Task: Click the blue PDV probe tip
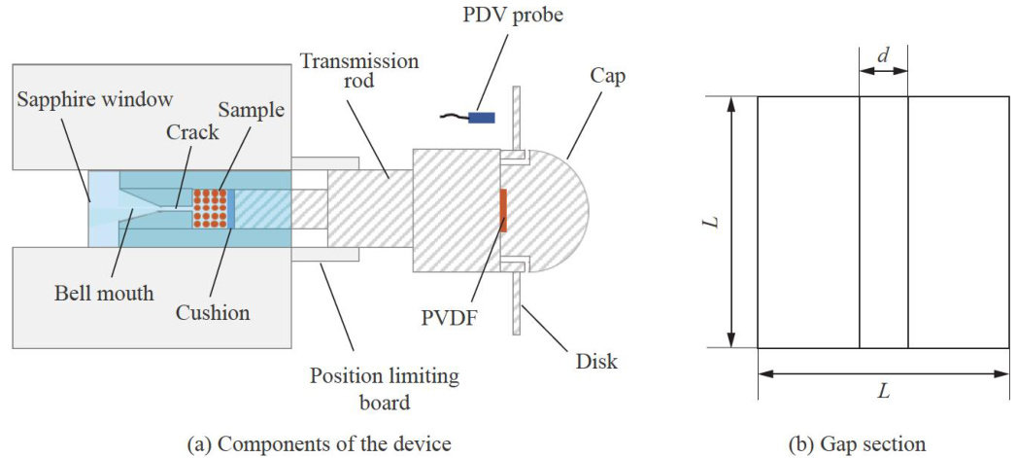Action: (x=481, y=118)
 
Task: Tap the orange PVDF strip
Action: (x=503, y=210)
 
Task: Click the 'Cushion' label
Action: (x=212, y=313)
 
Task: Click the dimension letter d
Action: (x=883, y=57)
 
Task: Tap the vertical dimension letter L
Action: (x=715, y=222)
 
